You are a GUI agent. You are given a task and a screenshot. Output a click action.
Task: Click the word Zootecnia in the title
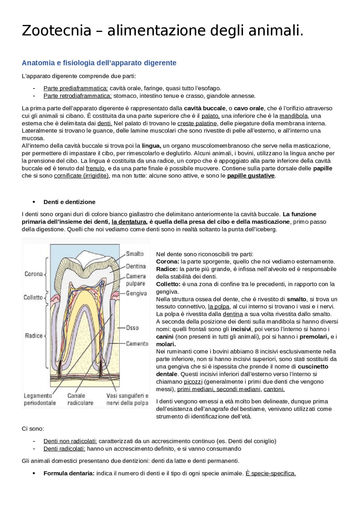tap(57, 31)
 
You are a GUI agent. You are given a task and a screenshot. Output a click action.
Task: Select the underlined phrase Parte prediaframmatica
tap(76, 88)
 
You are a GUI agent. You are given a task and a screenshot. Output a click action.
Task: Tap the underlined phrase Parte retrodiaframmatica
tap(77, 96)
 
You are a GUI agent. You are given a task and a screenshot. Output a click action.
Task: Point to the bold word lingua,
tap(151, 146)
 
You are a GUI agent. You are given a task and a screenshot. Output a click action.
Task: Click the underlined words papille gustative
tap(251, 176)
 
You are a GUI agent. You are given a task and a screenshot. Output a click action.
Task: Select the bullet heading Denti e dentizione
tap(69, 202)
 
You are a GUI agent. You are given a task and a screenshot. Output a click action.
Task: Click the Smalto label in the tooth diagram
tap(135, 254)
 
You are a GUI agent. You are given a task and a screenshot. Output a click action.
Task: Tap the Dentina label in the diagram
tap(136, 266)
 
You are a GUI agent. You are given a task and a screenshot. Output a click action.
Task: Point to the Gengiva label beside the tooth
tap(136, 293)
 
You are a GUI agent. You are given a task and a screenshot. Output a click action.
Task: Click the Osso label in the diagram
tap(132, 328)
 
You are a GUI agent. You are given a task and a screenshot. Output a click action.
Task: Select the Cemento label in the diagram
tap(137, 343)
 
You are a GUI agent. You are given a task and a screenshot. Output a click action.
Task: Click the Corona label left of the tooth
tap(33, 274)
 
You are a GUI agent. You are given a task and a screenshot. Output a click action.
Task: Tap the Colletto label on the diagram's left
tap(33, 297)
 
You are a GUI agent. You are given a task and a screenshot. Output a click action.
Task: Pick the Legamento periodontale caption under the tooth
tap(39, 399)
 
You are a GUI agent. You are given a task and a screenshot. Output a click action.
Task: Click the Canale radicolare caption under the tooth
tap(80, 399)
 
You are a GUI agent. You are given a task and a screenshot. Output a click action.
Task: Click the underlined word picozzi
tap(193, 382)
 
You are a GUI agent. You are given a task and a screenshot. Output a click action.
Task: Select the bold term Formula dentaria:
tap(69, 473)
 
